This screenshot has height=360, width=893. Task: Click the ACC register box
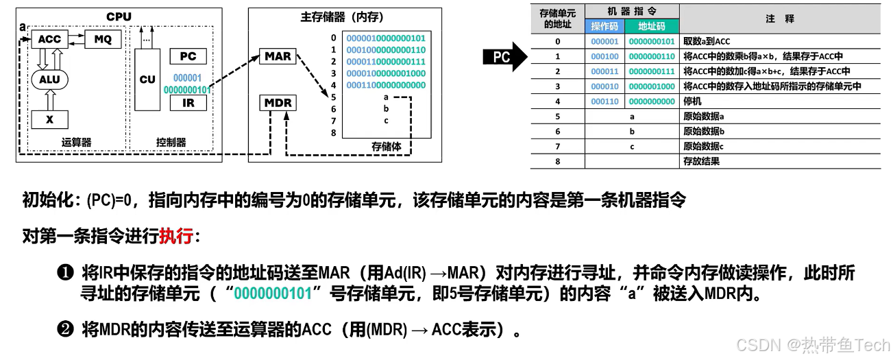[x=49, y=40]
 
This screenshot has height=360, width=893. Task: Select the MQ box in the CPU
[x=103, y=40]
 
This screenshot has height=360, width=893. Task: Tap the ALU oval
[x=49, y=80]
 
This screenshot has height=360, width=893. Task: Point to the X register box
[x=49, y=119]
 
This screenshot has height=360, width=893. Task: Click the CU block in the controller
[x=147, y=80]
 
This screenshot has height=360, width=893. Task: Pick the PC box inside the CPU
[x=188, y=56]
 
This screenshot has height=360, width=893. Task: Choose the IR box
[x=188, y=103]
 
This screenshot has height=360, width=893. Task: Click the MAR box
[x=278, y=56]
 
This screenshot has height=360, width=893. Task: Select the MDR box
[x=278, y=104]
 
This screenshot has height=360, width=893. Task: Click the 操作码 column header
[x=605, y=27]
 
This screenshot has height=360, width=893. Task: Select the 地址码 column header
[x=651, y=27]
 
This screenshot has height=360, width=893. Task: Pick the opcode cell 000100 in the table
[x=605, y=56]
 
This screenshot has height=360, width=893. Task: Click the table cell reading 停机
[x=693, y=101]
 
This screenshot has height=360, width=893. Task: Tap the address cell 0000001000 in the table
[x=652, y=86]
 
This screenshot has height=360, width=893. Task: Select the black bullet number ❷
[x=66, y=331]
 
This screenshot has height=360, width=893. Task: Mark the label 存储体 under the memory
[x=386, y=146]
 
